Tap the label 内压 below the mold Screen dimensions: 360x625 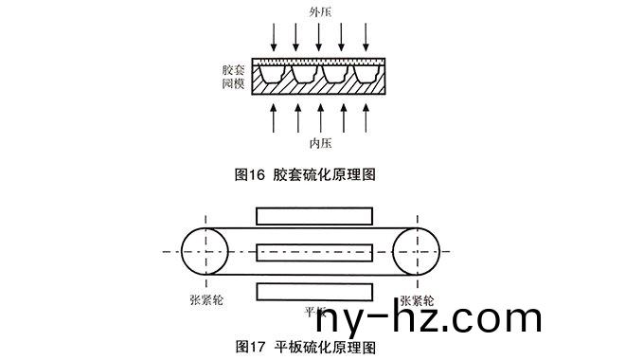point(320,143)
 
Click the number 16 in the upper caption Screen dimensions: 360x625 point(258,173)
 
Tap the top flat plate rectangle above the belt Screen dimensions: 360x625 point(310,216)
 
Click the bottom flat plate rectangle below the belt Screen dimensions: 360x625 point(310,290)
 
